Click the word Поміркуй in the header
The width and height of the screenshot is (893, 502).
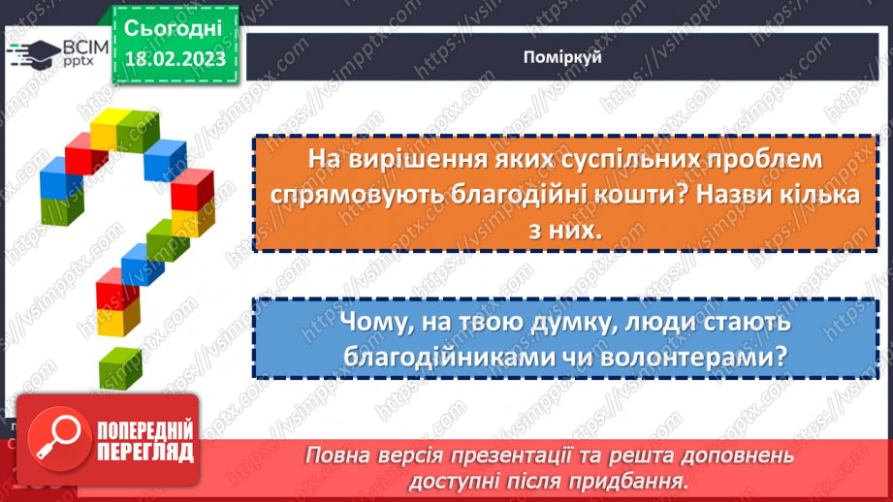561,57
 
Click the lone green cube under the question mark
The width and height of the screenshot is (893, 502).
120,367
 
